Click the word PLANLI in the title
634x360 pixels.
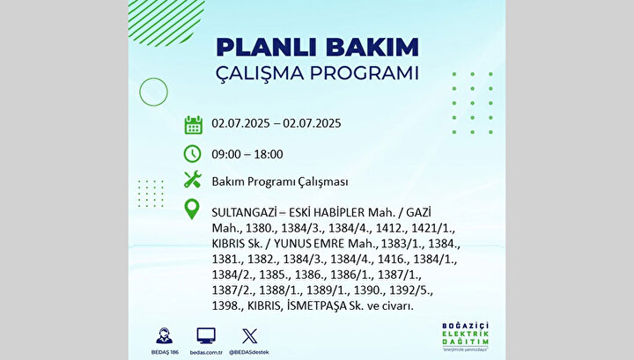pos(268,48)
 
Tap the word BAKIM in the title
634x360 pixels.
pos(372,48)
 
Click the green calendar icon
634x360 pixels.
pos(193,125)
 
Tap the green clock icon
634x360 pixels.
pos(193,154)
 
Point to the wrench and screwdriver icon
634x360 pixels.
pos(193,180)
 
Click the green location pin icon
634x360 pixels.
pos(192,209)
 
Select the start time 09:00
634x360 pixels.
pos(226,154)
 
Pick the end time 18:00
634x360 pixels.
pos(269,154)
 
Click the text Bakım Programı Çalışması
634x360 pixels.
pos(280,182)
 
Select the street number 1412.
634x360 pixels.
pos(391,228)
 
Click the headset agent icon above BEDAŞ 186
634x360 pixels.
pos(165,335)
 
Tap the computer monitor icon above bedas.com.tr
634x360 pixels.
pos(206,335)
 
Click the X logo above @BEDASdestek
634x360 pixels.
pos(249,336)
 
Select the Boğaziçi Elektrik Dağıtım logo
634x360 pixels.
pos(465,336)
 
